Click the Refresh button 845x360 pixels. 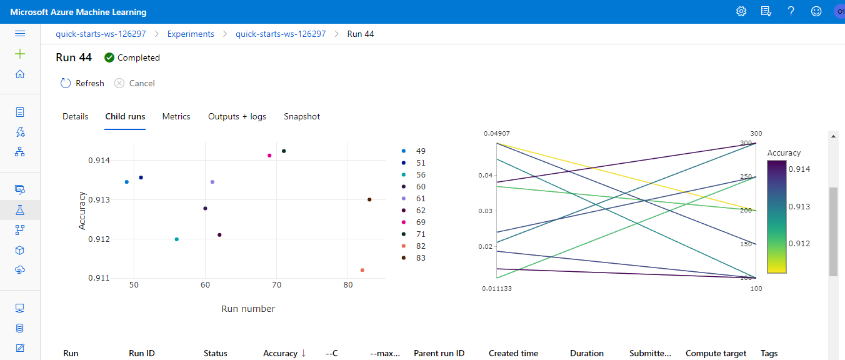[x=82, y=83]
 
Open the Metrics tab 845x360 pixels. [x=176, y=116]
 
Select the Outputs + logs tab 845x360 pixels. [x=237, y=116]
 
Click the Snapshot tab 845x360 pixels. [x=302, y=116]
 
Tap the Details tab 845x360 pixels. [x=76, y=116]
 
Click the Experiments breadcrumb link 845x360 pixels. [x=191, y=34]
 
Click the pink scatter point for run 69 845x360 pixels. [x=269, y=156]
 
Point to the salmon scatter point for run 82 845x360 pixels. [x=362, y=270]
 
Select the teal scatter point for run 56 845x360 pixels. [x=177, y=239]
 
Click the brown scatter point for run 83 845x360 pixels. [x=369, y=200]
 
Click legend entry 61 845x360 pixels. [x=421, y=199]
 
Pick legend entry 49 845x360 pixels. [x=421, y=151]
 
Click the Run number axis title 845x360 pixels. [x=248, y=309]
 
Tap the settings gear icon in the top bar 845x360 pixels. [x=741, y=11]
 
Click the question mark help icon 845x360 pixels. [x=791, y=11]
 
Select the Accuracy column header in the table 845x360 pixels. [x=280, y=353]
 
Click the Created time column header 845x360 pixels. [x=513, y=353]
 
